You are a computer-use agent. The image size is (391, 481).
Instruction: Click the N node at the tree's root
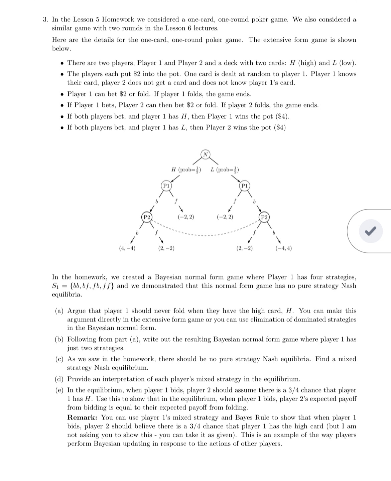pyautogui.click(x=206, y=154)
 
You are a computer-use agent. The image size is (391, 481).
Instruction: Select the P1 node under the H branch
pyautogui.click(x=166, y=185)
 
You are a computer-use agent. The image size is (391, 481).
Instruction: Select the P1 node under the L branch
pyautogui.click(x=245, y=185)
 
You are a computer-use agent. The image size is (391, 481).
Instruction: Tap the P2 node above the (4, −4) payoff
pyautogui.click(x=146, y=217)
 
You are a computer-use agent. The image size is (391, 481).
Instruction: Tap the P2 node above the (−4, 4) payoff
pyautogui.click(x=264, y=217)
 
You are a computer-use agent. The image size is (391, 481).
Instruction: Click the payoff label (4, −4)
pyautogui.click(x=127, y=248)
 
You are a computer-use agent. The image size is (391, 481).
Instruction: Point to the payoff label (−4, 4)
pyautogui.click(x=283, y=248)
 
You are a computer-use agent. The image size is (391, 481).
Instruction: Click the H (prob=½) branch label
pyautogui.click(x=186, y=169)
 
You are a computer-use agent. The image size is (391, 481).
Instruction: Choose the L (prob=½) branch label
pyautogui.click(x=225, y=169)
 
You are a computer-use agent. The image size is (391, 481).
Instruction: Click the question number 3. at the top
pyautogui.click(x=46, y=20)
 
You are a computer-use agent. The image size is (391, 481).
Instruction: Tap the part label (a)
pyautogui.click(x=59, y=311)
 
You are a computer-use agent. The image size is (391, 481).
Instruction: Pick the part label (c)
pyautogui.click(x=59, y=359)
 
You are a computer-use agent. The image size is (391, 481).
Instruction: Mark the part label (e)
pyautogui.click(x=59, y=390)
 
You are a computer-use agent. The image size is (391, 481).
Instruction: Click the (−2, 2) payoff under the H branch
pyautogui.click(x=186, y=217)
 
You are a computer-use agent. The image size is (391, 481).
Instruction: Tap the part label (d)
pyautogui.click(x=59, y=379)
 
